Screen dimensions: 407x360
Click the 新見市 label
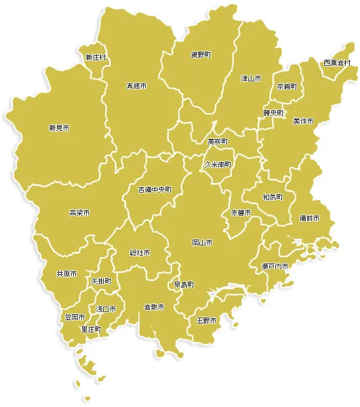coord(59,128)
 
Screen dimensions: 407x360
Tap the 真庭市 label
coord(136,86)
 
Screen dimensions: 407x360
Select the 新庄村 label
coord(96,58)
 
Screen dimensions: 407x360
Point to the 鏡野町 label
coord(201,55)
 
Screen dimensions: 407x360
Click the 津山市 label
coord(251,79)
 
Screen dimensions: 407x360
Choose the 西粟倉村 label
coord(336,63)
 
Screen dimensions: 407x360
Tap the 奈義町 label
coord(286,88)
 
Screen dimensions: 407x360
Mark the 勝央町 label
coord(273,113)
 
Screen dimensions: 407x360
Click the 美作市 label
coord(303,121)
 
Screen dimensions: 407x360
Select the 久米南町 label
coord(218,164)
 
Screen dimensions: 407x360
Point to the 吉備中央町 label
coord(155,189)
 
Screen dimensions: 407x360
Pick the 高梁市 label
coord(79,213)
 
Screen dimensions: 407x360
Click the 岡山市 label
coord(202,242)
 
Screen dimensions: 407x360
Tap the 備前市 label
coord(309,218)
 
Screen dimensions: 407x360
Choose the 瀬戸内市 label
coord(275,266)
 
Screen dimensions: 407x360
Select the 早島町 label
coord(184,285)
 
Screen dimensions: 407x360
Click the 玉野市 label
coord(206,320)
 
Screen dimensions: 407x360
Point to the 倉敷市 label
coord(154,307)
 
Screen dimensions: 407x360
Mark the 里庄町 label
coord(91,329)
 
